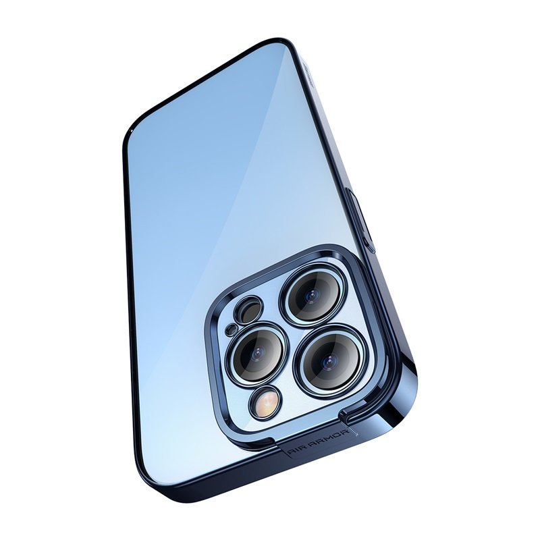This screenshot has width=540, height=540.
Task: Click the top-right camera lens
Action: click(312, 295)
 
